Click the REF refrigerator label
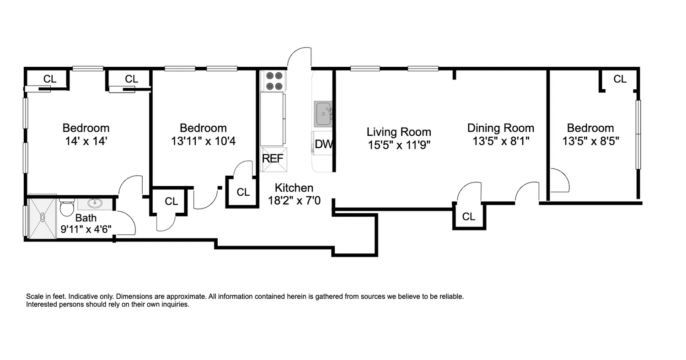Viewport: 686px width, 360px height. (273, 159)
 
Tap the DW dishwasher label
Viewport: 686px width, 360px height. (324, 144)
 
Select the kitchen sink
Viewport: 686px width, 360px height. (323, 113)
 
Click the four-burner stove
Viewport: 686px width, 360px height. (273, 81)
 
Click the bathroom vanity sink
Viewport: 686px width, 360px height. (95, 203)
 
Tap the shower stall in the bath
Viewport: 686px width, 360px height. (42, 216)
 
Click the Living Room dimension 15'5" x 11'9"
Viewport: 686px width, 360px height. (399, 145)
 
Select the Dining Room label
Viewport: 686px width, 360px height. (500, 128)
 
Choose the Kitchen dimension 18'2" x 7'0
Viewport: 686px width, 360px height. (294, 200)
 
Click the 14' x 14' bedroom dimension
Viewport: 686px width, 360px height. (86, 141)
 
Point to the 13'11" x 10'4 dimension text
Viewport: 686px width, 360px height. (203, 141)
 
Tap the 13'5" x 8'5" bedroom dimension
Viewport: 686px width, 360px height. (590, 141)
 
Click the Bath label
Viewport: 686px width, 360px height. (86, 218)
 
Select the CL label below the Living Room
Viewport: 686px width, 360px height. (469, 217)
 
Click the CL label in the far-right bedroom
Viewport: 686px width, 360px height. (620, 79)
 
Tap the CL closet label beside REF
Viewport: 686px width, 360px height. (243, 192)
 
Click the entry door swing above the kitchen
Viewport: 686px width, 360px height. (300, 58)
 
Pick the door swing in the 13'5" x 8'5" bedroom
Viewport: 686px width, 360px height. (559, 181)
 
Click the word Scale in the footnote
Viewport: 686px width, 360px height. (35, 296)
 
